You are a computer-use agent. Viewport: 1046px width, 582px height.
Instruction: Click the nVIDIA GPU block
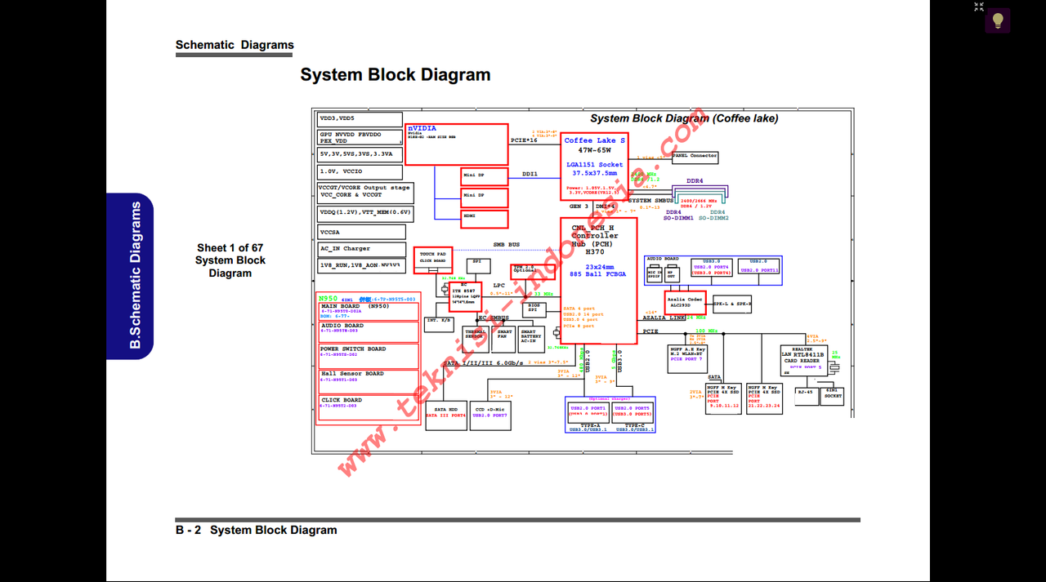click(x=456, y=144)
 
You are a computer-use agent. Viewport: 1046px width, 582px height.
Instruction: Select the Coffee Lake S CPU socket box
click(x=594, y=167)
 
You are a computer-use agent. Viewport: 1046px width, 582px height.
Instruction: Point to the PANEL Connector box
click(x=695, y=156)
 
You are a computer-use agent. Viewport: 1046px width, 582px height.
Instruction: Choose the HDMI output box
click(x=484, y=219)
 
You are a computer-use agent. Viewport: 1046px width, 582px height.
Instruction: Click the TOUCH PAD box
click(x=432, y=258)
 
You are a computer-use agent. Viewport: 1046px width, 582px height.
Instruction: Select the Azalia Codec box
click(x=685, y=303)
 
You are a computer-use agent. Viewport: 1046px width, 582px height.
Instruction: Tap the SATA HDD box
click(x=445, y=412)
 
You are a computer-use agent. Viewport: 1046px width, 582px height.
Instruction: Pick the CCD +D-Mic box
click(x=490, y=412)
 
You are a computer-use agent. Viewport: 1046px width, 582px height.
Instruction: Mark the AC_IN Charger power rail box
click(x=360, y=249)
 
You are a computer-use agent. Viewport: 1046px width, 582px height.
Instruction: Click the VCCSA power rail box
click(x=360, y=233)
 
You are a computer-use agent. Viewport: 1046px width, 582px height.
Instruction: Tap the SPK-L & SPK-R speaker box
click(x=731, y=304)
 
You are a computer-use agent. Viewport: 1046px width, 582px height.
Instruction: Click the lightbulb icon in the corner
click(x=997, y=20)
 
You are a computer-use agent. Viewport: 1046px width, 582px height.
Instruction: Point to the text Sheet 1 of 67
click(x=230, y=248)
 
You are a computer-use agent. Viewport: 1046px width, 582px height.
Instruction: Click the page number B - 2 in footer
click(x=188, y=531)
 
